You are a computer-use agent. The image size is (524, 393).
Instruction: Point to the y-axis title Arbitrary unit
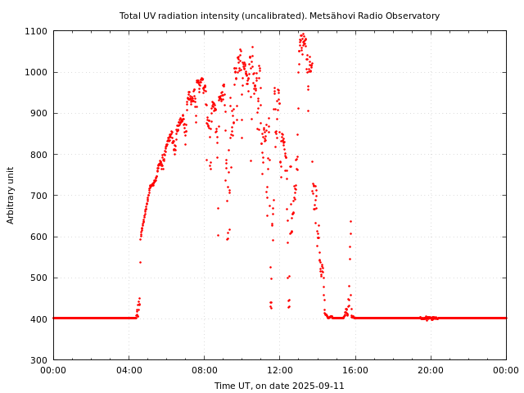(11, 195)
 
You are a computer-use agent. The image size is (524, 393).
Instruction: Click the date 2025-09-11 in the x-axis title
(319, 386)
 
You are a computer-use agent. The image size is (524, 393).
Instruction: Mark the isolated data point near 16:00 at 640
(350, 221)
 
